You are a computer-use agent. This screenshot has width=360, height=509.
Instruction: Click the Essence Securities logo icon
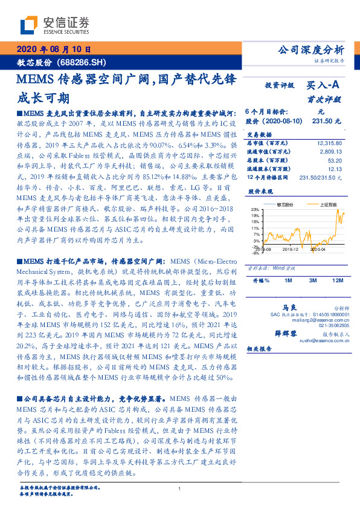tap(28, 25)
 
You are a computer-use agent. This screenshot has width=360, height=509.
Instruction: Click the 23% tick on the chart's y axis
tap(257, 209)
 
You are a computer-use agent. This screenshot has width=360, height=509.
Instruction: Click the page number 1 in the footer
tap(180, 489)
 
